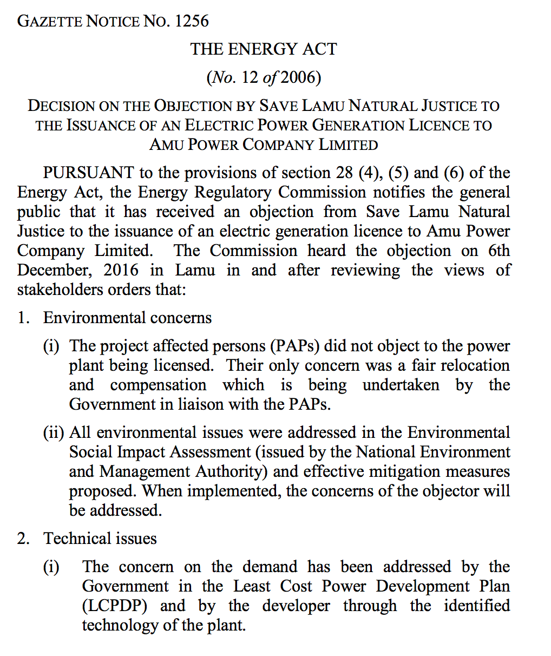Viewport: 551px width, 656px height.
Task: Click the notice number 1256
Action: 192,21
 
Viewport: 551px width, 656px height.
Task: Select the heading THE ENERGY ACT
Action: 264,49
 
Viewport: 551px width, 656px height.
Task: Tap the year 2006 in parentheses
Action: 297,77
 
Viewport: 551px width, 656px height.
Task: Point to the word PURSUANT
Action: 88,173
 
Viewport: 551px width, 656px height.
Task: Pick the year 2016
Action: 121,270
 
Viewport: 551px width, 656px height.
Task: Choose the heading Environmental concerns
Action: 127,318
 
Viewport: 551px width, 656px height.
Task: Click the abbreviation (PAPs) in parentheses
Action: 296,346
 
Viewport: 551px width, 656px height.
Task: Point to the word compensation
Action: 158,385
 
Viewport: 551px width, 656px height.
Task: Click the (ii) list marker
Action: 54,432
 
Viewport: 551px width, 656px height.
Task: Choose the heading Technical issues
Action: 100,539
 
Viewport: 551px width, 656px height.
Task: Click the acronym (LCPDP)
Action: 115,606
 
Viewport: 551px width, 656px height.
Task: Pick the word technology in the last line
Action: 120,625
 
